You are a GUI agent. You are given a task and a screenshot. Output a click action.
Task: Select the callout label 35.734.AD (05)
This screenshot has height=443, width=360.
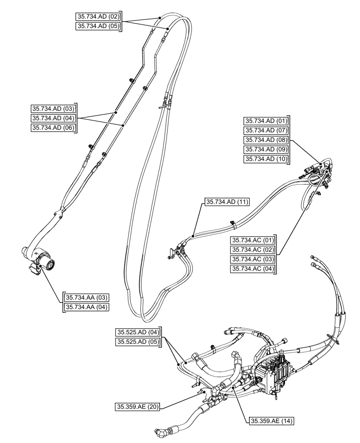[x=98, y=26]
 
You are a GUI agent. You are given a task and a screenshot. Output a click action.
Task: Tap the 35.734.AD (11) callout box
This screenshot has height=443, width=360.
[x=227, y=202]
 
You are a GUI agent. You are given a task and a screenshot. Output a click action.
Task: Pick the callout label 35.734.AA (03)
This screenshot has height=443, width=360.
[x=86, y=297]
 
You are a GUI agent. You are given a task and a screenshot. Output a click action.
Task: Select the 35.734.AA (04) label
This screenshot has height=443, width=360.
[x=86, y=307]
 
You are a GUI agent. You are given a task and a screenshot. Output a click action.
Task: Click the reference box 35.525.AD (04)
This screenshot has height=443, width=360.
[x=138, y=332]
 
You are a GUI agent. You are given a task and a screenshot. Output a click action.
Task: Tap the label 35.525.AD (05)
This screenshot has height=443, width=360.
[x=138, y=342]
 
